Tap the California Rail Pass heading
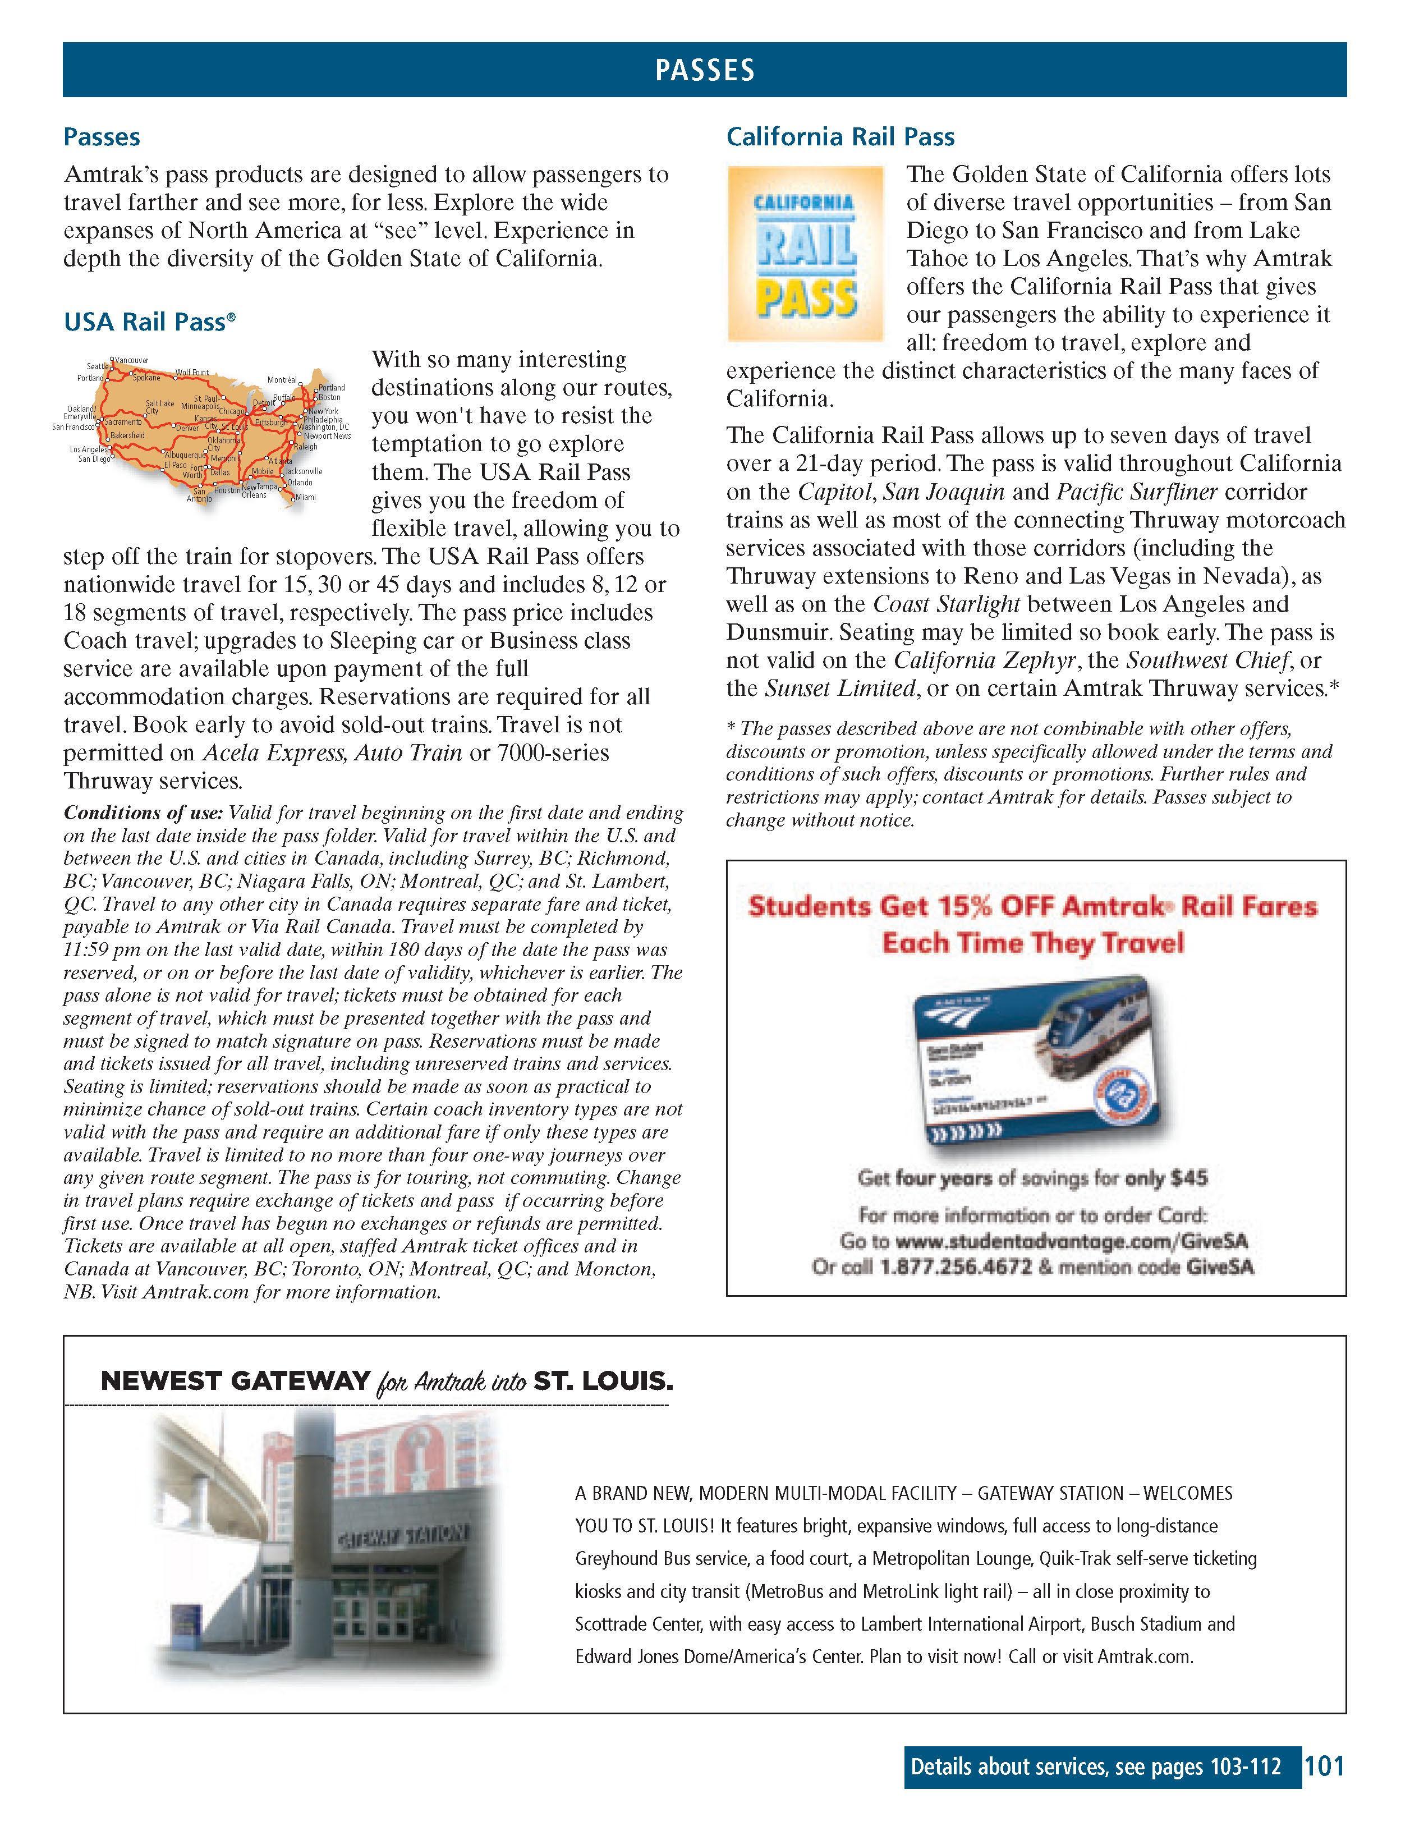tap(840, 137)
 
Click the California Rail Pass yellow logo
tap(805, 253)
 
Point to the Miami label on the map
tap(305, 497)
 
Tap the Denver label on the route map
tap(187, 428)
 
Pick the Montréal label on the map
tap(282, 380)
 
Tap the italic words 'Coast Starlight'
tap(947, 604)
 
